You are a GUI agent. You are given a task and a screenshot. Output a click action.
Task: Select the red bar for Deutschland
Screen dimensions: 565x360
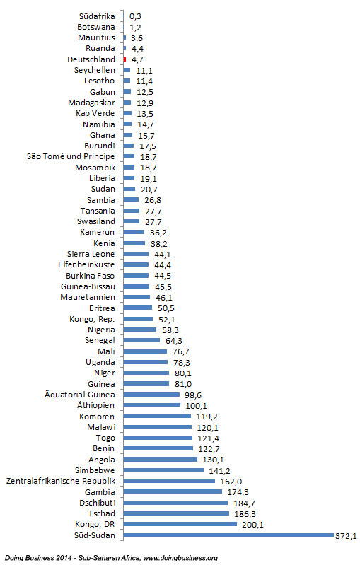125,59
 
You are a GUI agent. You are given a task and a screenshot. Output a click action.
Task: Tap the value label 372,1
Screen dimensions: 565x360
346,536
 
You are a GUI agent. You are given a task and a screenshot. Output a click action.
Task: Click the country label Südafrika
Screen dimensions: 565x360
97,16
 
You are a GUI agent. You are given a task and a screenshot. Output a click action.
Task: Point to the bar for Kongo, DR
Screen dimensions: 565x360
180,524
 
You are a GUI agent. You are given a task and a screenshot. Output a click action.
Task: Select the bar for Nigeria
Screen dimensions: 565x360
139,330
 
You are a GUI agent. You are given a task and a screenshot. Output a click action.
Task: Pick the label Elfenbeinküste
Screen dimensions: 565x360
86,264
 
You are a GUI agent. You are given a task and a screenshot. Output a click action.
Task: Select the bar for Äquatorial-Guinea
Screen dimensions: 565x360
151,394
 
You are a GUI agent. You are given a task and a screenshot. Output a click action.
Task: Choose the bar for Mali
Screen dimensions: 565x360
145,351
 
